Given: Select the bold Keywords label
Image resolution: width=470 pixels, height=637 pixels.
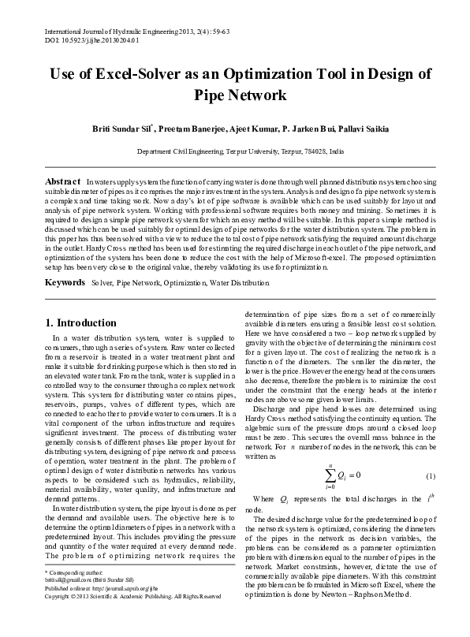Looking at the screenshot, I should (x=65, y=259).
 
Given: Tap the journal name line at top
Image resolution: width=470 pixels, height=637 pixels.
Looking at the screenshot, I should (x=126, y=29).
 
